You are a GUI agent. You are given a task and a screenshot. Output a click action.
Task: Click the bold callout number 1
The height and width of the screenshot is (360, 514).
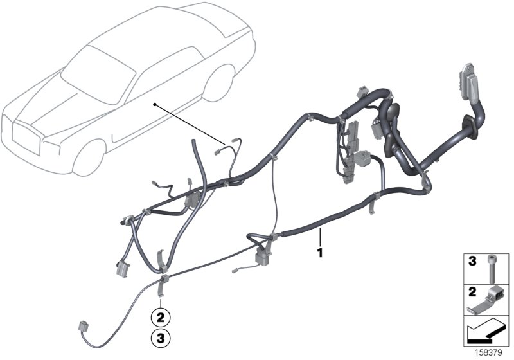[x=319, y=248]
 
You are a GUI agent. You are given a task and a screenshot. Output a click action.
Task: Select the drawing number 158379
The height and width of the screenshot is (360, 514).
[x=494, y=353]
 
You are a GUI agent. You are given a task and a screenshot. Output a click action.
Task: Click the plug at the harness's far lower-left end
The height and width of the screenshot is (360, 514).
[x=84, y=327]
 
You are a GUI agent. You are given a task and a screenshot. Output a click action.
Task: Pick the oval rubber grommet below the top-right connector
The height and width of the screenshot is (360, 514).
[x=473, y=125]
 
